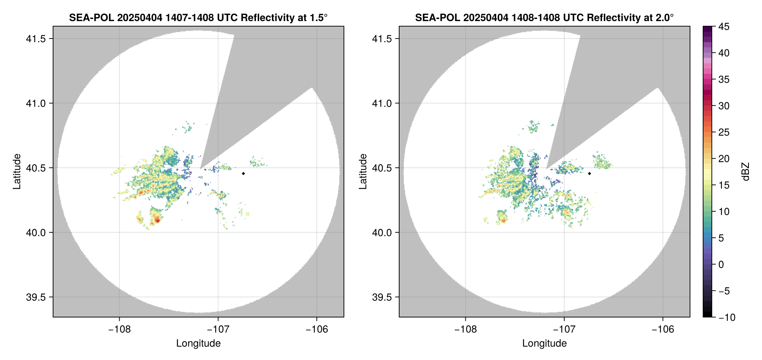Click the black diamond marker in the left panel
(x=243, y=173)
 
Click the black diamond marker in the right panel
(x=589, y=173)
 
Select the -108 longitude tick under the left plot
(x=119, y=329)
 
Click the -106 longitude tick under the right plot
(x=663, y=329)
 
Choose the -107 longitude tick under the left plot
(x=218, y=329)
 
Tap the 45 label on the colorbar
(x=724, y=27)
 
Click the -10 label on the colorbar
(x=727, y=317)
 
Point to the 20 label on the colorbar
(x=724, y=159)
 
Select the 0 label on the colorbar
(x=721, y=265)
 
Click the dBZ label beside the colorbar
(x=746, y=172)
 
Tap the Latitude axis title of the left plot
(x=17, y=172)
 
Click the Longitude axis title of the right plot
(x=544, y=343)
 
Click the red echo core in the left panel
(x=157, y=220)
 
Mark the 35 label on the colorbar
(x=724, y=80)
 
